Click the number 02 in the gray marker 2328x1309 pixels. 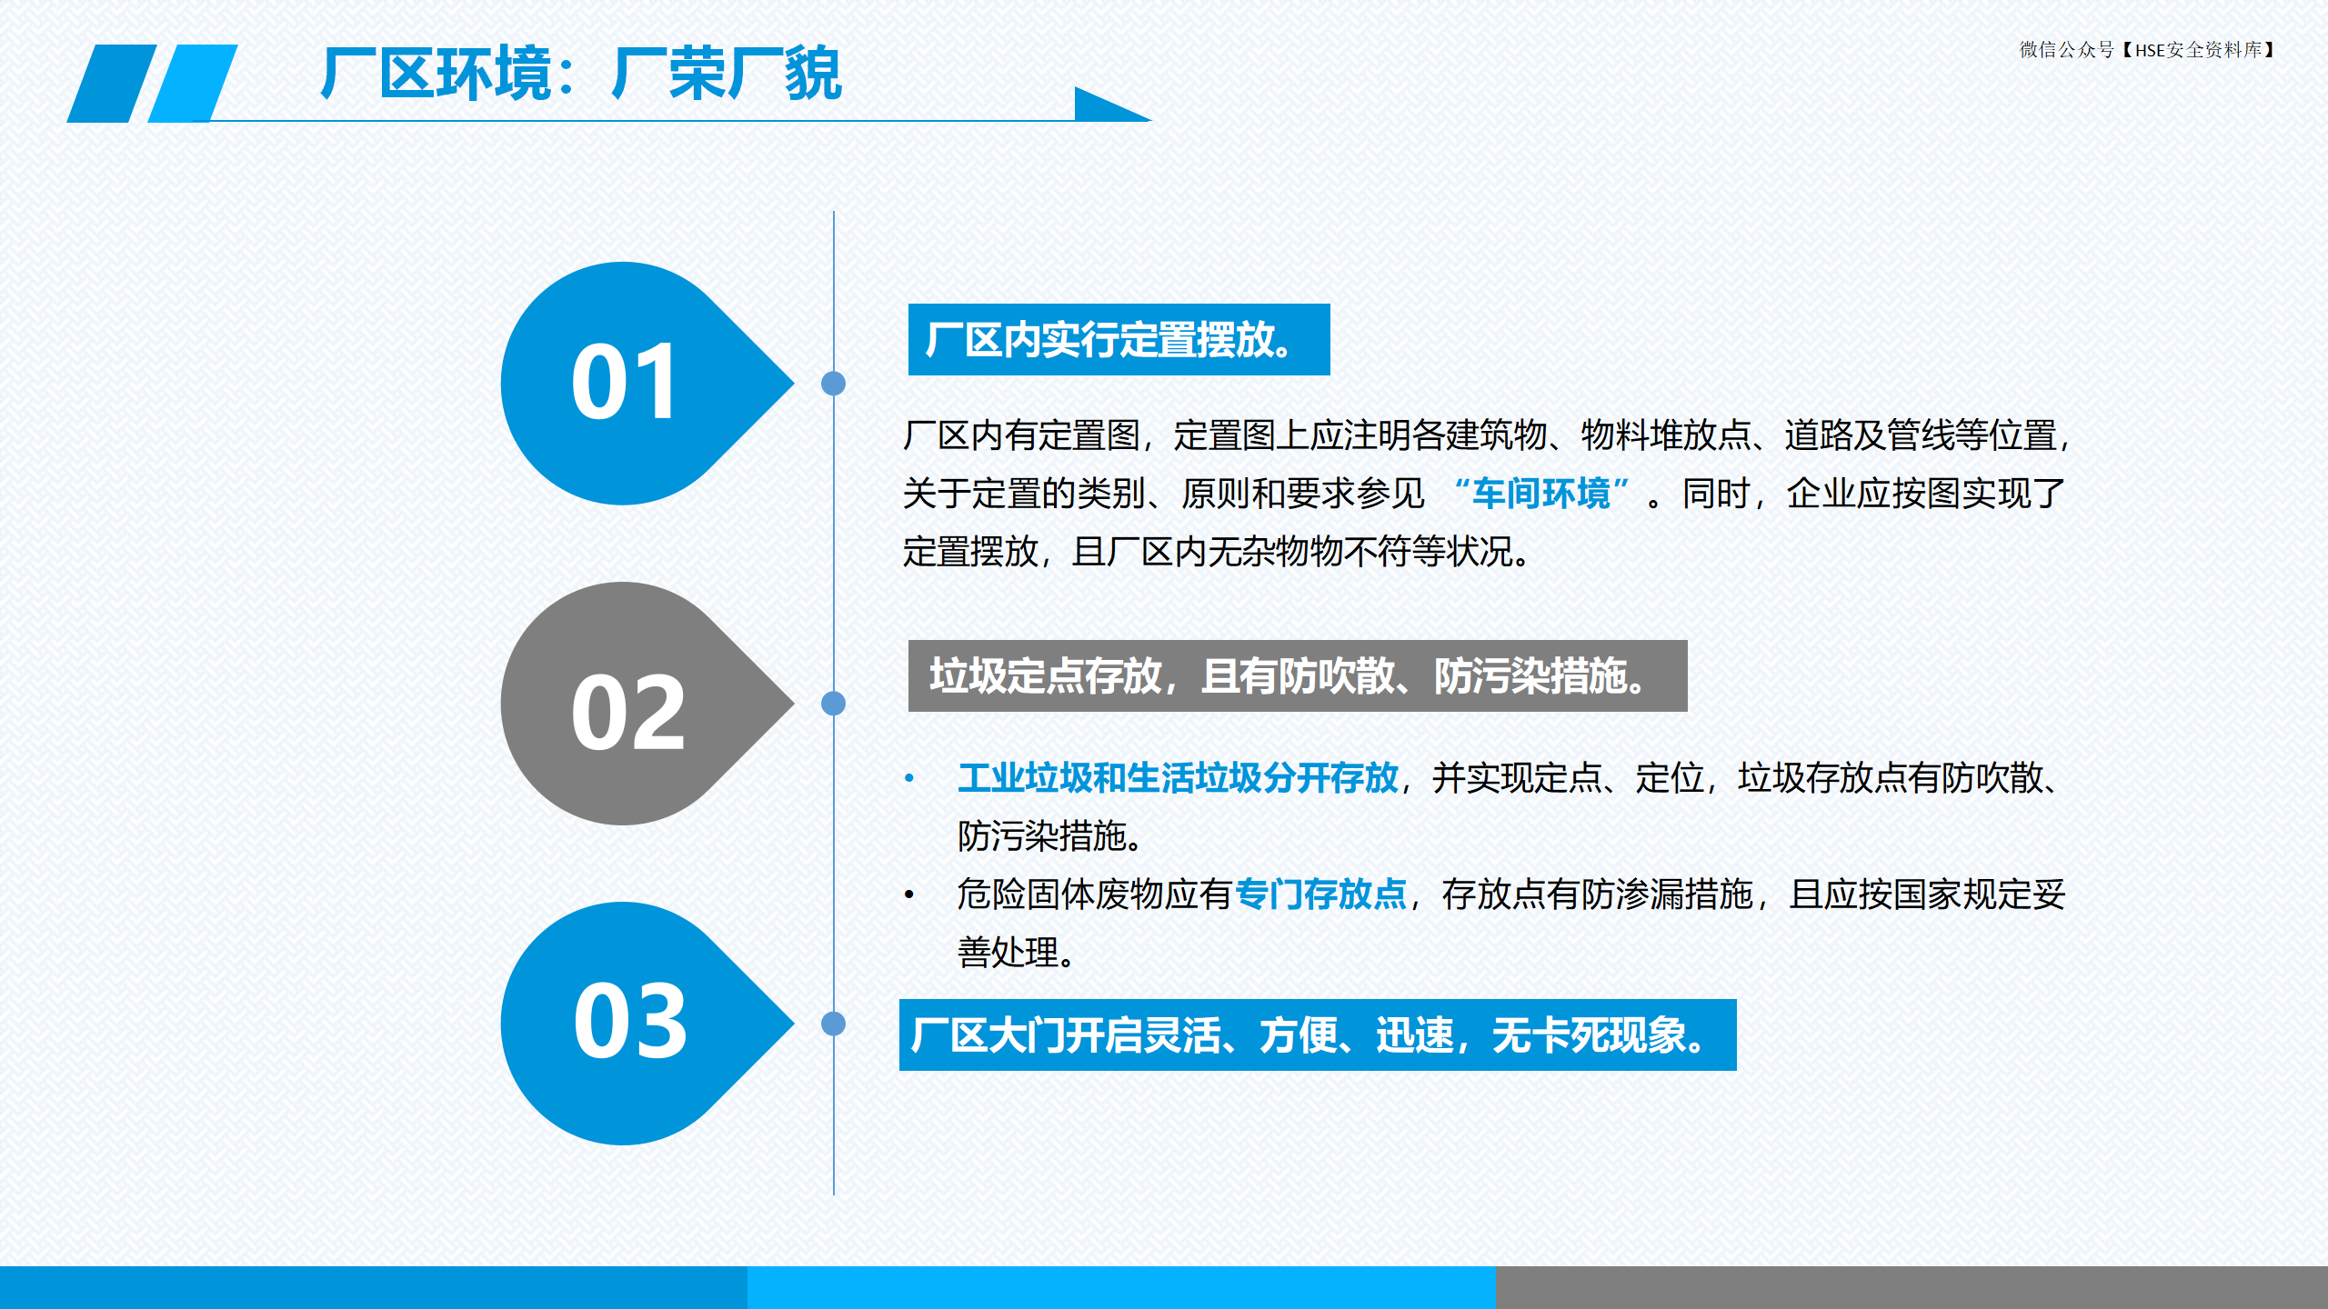coord(627,713)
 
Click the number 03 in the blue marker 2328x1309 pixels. coord(630,1022)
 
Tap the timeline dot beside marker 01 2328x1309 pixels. coord(833,384)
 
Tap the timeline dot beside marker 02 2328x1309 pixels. coord(833,704)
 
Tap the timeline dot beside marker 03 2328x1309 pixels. coord(833,1024)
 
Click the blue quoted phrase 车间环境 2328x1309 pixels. coord(1541,494)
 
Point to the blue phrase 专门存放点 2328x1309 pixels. coord(1320,894)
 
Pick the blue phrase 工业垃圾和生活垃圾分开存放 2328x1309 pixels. coord(1178,778)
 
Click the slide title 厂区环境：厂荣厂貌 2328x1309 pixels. coord(582,73)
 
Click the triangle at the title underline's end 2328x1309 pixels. coord(1105,106)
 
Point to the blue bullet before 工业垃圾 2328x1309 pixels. coord(908,777)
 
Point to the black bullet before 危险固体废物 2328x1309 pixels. coord(908,894)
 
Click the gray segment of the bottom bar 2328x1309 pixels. coord(1912,1287)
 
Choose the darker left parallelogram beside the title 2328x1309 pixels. coord(112,83)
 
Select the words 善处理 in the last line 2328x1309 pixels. coord(1008,953)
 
